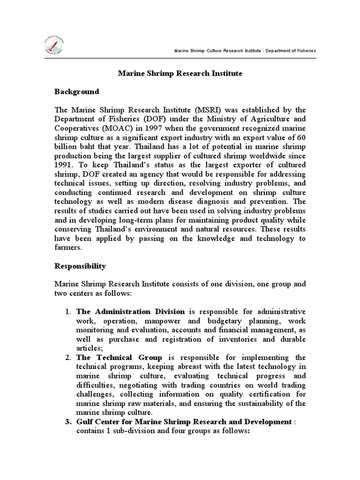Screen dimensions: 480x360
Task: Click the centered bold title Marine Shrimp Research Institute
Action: click(180, 74)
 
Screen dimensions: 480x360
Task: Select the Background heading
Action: click(77, 91)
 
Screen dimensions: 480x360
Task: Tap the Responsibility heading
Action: click(80, 266)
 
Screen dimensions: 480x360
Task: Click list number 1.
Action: click(67, 312)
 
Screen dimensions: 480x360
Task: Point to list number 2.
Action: click(67, 358)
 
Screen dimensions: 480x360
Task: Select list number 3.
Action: click(67, 422)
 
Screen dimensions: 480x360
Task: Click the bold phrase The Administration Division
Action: click(131, 312)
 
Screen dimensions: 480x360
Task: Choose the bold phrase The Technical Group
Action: click(119, 358)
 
